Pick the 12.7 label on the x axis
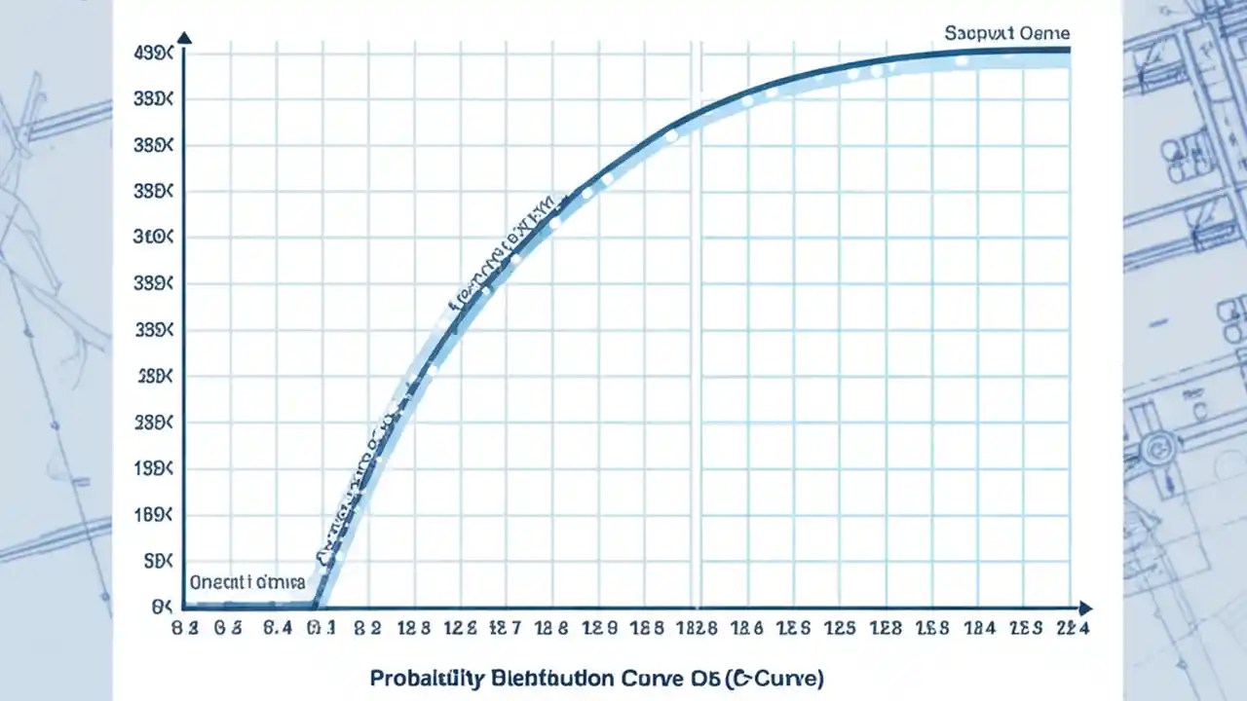[505, 629]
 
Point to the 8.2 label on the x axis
[368, 629]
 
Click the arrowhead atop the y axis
[184, 38]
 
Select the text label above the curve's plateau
[1006, 33]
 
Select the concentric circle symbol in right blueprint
[1158, 448]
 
